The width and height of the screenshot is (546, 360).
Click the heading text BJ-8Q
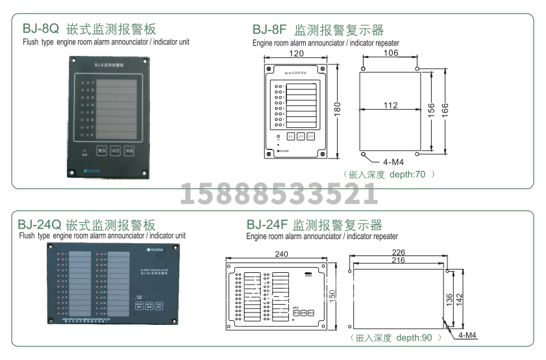click(41, 29)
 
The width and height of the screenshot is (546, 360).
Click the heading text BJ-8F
click(269, 30)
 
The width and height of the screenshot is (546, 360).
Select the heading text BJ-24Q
click(39, 225)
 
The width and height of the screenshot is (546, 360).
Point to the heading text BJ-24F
click(266, 225)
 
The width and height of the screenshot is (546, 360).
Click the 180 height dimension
click(337, 109)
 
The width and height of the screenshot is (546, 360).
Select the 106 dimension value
click(391, 53)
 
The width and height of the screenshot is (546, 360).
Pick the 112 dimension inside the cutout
click(390, 105)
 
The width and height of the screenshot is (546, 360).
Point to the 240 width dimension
click(280, 254)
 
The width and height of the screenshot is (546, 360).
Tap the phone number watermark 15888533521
click(279, 194)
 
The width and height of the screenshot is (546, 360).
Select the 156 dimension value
click(430, 109)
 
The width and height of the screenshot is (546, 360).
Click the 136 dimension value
click(449, 300)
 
